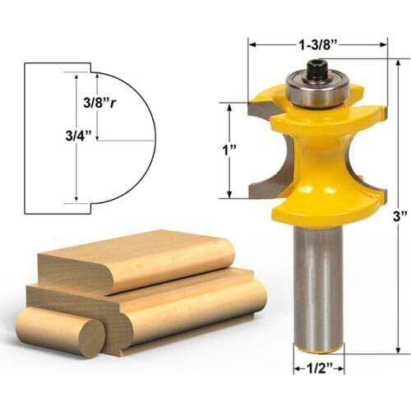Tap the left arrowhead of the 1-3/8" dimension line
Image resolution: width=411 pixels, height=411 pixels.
[x=252, y=45]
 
